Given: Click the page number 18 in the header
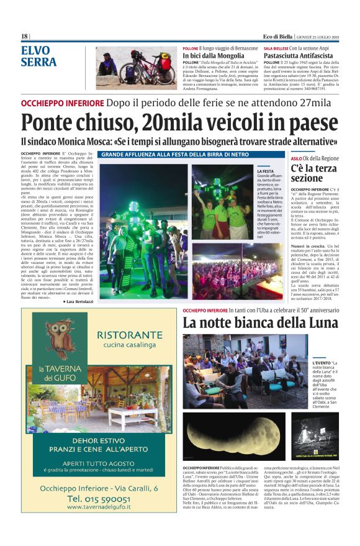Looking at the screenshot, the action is click(25, 36).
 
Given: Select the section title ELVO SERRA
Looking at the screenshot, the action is click(38, 56).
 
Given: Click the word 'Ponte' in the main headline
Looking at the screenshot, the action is click(47, 124).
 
